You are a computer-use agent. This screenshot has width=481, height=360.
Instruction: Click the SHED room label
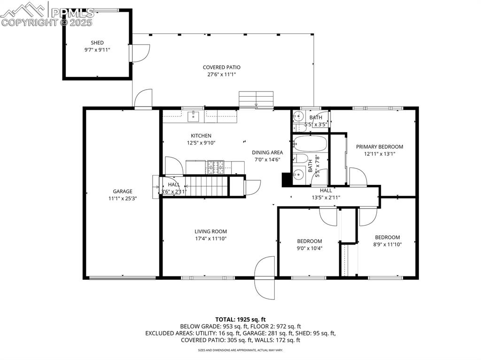97,43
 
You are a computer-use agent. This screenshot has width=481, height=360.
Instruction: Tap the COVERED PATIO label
221,67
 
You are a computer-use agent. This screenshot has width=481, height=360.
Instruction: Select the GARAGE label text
122,191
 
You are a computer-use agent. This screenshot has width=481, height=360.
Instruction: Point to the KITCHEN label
201,136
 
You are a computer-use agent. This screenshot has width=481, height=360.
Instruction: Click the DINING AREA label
267,152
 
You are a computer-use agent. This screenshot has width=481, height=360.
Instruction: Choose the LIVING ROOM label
210,231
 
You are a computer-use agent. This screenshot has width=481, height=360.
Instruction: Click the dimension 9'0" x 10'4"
309,248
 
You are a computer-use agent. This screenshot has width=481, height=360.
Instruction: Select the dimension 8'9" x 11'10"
387,244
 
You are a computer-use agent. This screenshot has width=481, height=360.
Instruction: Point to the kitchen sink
194,116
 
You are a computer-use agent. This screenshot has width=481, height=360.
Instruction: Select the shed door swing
140,53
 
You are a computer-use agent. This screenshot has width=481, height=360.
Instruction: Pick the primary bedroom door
358,177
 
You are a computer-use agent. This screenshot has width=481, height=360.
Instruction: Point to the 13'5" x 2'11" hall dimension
326,198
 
